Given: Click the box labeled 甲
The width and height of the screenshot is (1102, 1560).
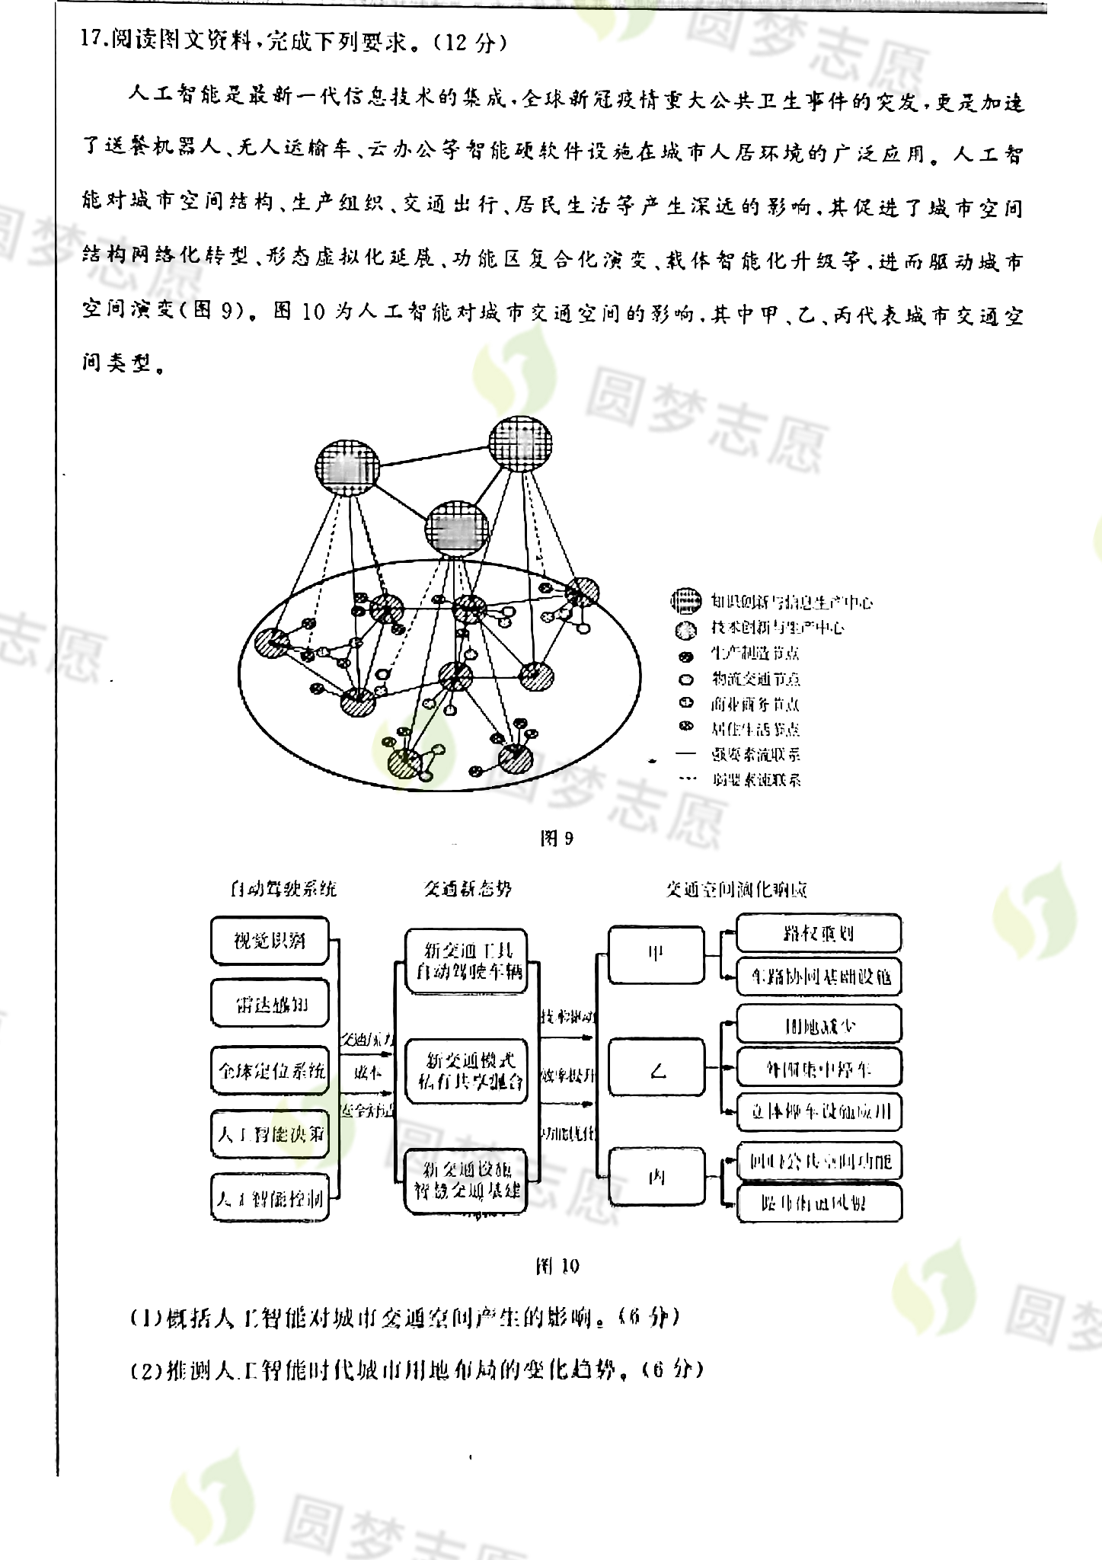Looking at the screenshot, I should pyautogui.click(x=656, y=954).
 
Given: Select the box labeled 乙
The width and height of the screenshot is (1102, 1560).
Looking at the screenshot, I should pyautogui.click(x=656, y=1072).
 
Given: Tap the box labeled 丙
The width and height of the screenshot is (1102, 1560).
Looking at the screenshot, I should pyautogui.click(x=656, y=1178).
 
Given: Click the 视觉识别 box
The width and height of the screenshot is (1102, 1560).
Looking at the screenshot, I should pyautogui.click(x=269, y=941).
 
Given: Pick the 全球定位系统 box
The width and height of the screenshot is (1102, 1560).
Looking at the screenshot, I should pyautogui.click(x=270, y=1070).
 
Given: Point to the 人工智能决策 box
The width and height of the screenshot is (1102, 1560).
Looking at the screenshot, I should pyautogui.click(x=270, y=1134).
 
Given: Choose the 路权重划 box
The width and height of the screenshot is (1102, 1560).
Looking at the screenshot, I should pyautogui.click(x=819, y=933).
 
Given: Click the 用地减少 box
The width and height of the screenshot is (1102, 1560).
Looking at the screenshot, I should pyautogui.click(x=819, y=1025).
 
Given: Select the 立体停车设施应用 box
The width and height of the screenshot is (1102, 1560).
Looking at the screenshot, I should pyautogui.click(x=819, y=1111).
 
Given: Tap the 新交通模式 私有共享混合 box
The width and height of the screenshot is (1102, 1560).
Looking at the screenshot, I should pyautogui.click(x=466, y=1070).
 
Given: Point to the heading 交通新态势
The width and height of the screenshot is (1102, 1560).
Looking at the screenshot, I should pyautogui.click(x=467, y=888).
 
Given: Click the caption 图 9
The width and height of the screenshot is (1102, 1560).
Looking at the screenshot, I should pyautogui.click(x=556, y=839).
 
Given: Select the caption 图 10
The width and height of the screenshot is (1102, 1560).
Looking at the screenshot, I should pyautogui.click(x=557, y=1265).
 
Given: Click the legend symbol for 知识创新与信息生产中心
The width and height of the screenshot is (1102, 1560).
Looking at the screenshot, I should pyautogui.click(x=685, y=602).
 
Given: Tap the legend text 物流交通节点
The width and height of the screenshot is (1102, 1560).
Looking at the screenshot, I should pyautogui.click(x=755, y=679).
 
